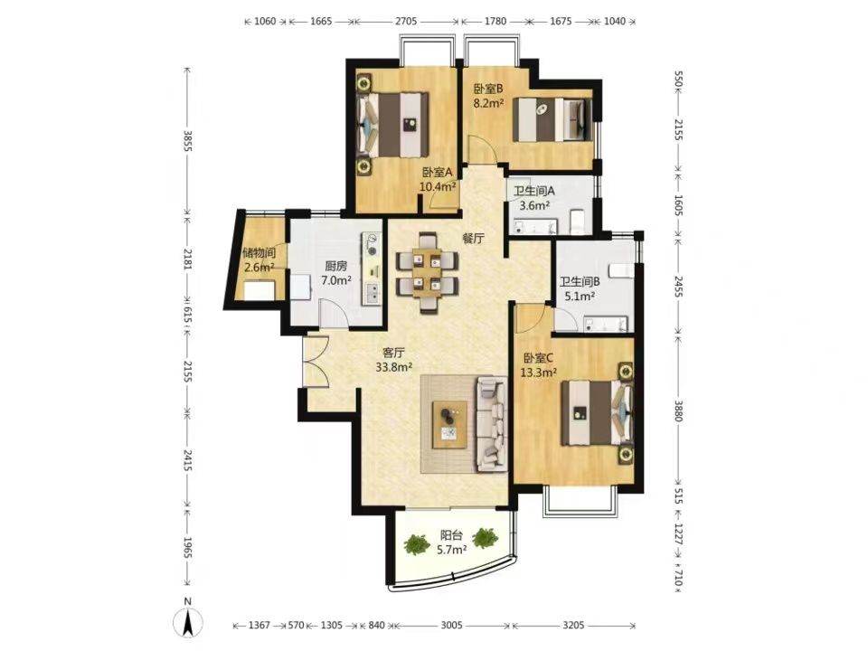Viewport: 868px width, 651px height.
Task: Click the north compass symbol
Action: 188,622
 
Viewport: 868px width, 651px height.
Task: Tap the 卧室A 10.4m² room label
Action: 438,179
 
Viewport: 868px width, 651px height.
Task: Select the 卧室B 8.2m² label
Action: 487,95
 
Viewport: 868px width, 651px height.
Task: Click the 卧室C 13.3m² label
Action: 538,365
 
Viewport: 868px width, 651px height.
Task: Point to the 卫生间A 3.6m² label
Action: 534,198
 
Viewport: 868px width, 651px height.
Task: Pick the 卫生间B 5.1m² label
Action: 580,288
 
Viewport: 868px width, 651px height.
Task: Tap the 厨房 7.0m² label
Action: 336,273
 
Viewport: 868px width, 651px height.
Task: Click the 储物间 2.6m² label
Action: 259,260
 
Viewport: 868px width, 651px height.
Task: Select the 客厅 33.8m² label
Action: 393,359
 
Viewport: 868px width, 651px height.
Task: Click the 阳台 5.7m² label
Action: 451,542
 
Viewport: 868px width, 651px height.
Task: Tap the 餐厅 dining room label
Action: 474,239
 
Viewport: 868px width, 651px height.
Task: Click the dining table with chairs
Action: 427,273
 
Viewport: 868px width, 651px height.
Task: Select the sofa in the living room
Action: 492,425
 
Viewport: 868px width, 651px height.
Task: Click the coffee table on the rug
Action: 450,423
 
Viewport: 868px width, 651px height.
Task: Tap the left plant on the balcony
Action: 417,543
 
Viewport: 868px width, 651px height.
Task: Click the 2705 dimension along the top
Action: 406,21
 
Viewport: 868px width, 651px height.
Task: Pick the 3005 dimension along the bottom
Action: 451,625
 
